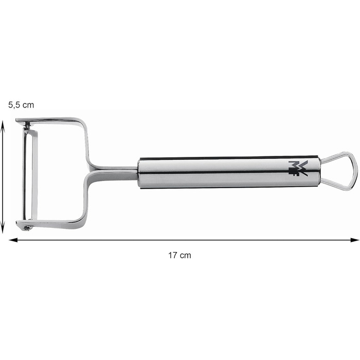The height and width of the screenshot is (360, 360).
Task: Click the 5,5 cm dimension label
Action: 21,105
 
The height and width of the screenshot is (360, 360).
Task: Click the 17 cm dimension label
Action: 179,255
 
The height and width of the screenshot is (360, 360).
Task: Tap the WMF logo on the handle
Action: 298,169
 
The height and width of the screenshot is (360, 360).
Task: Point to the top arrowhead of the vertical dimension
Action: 3,125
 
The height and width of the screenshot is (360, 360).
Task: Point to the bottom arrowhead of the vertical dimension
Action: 3,228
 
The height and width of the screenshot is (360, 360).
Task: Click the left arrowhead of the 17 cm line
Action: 13,240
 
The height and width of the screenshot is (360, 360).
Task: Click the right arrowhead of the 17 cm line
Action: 355,240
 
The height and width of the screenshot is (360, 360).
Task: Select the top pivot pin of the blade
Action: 28,124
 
